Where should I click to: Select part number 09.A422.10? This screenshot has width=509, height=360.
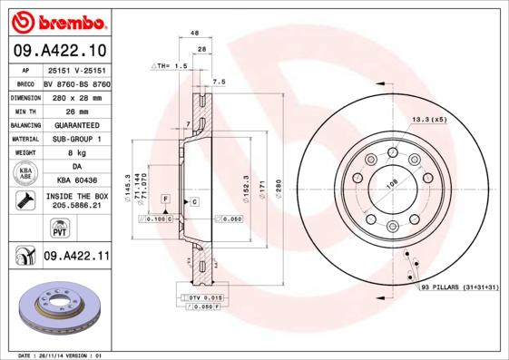[x=59, y=49]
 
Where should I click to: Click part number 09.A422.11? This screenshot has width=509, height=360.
[x=77, y=258]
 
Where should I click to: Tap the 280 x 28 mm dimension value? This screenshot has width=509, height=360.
[x=76, y=96]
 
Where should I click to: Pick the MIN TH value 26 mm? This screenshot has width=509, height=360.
[x=76, y=110]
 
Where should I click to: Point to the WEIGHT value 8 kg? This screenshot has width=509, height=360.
[x=76, y=153]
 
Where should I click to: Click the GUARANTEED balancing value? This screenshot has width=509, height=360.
[x=76, y=124]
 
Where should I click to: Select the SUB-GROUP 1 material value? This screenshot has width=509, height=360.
[x=76, y=139]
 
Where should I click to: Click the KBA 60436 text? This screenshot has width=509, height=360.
[x=76, y=181]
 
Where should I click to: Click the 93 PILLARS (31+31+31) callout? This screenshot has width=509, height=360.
[x=459, y=287]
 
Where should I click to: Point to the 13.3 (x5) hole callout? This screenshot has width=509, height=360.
[x=429, y=120]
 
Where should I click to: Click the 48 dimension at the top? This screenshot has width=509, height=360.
[x=194, y=34]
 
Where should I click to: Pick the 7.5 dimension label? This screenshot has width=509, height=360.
[x=218, y=82]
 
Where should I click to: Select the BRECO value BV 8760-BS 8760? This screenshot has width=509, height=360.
[x=76, y=82]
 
